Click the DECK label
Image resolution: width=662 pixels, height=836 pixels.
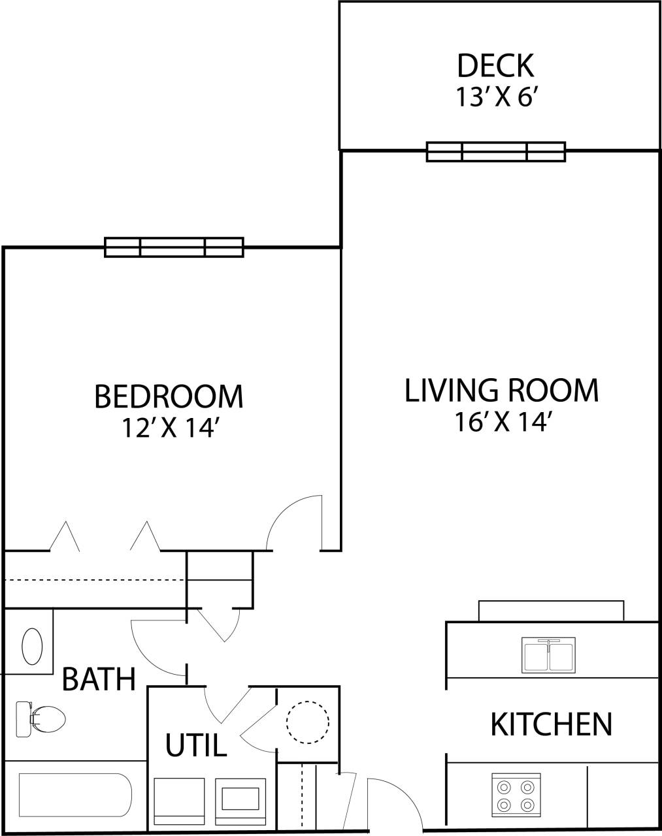(x=495, y=66)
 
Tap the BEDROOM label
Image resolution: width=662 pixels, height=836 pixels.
(x=169, y=396)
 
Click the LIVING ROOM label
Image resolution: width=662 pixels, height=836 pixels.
(x=501, y=391)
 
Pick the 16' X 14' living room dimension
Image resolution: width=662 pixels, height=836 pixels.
(x=501, y=423)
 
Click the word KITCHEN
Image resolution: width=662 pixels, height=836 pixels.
(x=551, y=724)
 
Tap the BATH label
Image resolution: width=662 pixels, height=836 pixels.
(x=99, y=679)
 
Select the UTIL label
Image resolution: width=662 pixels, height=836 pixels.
(x=195, y=745)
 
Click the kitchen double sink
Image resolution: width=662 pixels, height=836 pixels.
(x=549, y=655)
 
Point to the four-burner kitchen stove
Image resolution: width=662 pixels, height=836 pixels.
(x=516, y=795)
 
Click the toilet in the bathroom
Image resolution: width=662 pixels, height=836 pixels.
(x=41, y=719)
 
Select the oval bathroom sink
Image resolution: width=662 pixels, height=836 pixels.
(x=32, y=646)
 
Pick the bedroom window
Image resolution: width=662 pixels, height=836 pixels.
(x=174, y=248)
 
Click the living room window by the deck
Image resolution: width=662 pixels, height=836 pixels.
(x=495, y=152)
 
